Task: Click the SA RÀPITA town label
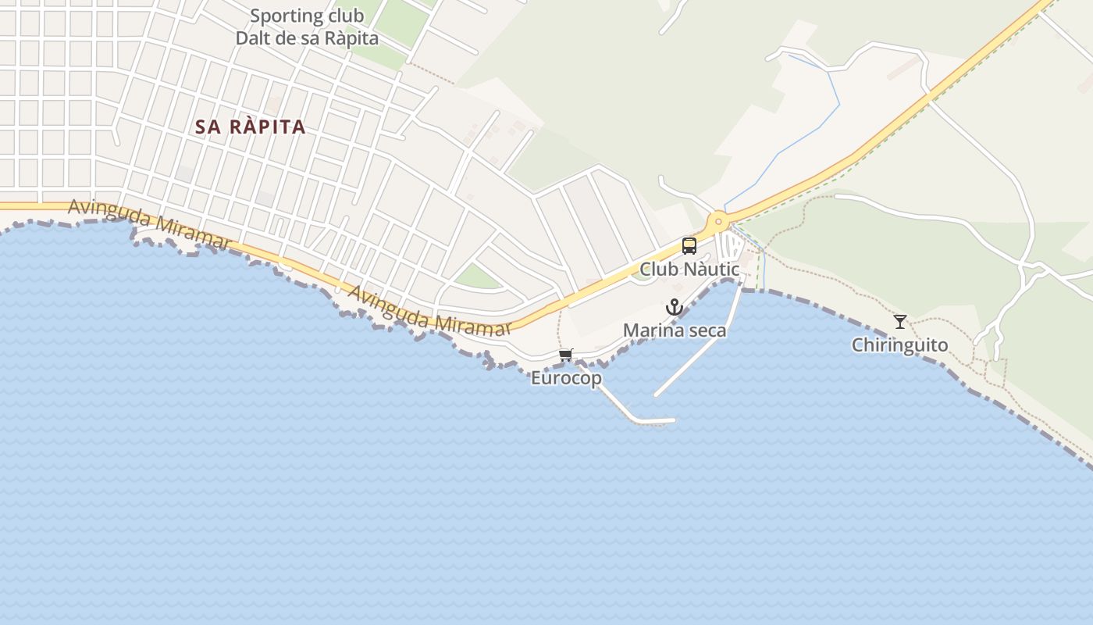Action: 250,127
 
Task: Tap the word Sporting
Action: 286,16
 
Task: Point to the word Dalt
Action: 254,37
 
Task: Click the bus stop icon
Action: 689,246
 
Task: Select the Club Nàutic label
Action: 689,270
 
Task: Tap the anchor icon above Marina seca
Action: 675,307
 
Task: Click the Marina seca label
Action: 675,330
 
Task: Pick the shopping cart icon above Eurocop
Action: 566,355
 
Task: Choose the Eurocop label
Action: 566,378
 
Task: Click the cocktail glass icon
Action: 900,321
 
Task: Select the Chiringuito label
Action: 899,345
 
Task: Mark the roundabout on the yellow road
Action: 718,221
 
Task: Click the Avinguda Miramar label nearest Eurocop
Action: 429,313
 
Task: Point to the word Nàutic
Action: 711,270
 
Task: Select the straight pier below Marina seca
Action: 695,359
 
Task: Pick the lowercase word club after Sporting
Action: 345,16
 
